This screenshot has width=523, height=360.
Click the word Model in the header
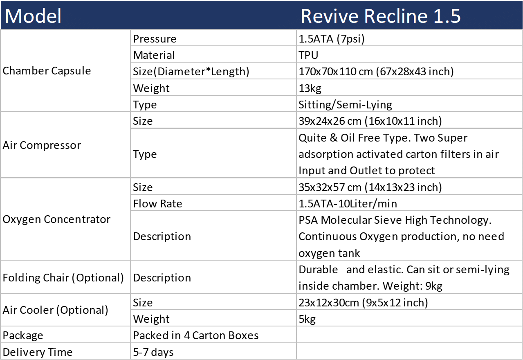[33, 16]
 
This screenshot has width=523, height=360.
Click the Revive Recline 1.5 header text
[381, 16]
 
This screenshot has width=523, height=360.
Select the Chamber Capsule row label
[47, 70]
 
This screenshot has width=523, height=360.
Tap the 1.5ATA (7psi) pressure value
[332, 39]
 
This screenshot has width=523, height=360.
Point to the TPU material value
[308, 55]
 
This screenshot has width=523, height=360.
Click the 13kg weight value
[310, 88]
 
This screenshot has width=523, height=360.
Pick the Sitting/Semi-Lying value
[345, 105]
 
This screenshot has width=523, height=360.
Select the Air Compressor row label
[42, 145]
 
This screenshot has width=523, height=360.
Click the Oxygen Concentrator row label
[56, 219]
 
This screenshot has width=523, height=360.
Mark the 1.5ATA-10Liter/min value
[348, 204]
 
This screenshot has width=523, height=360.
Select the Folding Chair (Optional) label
[63, 278]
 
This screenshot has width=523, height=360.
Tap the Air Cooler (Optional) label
[55, 310]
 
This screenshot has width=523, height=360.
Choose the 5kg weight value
[307, 319]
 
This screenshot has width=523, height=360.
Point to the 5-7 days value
[153, 352]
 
